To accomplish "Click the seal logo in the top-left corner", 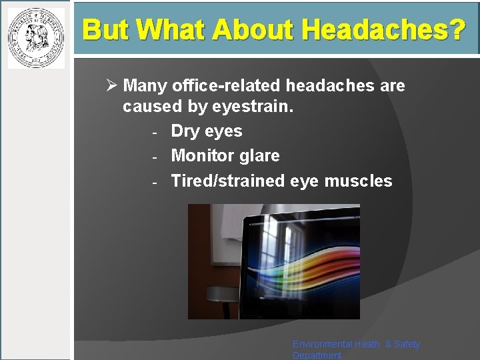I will (36, 37).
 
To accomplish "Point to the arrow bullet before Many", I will (111, 86).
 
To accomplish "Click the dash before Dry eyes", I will (154, 132).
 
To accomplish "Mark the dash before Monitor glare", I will (154, 157).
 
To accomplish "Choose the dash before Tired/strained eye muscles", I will (154, 182).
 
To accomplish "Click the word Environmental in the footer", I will (323, 344).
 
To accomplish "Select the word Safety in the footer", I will (406, 344).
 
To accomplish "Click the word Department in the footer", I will (317, 355).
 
